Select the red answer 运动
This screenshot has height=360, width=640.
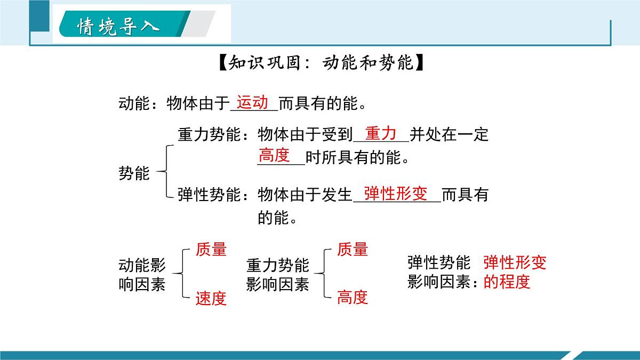coord(252,101)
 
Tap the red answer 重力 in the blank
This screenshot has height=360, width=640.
coord(380,133)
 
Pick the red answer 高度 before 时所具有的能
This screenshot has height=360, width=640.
coord(274,155)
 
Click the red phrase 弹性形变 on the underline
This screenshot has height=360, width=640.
coord(396,194)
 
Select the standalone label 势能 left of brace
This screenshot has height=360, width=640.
coord(134,173)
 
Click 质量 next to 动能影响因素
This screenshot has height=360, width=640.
coord(211,249)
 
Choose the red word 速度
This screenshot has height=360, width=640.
coord(211,298)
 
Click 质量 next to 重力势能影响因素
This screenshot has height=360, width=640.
coord(353,249)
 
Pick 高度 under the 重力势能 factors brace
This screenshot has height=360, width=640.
coord(353,297)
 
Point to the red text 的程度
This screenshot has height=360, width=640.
coord(507,281)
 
